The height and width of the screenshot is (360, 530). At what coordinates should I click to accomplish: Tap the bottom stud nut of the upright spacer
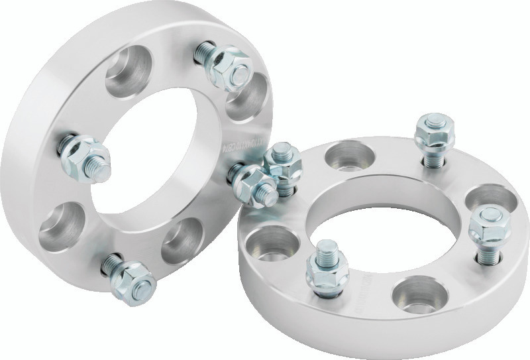(134, 281)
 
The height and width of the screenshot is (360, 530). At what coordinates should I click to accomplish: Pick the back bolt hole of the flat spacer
(350, 156)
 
